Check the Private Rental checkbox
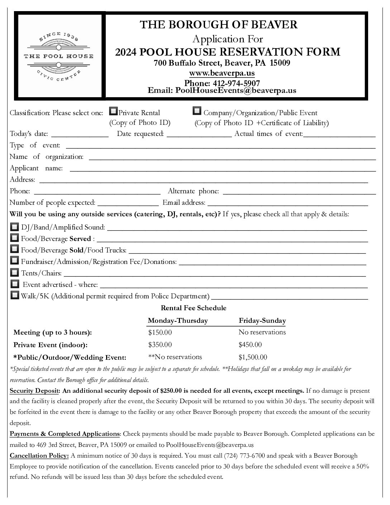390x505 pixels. tap(113, 111)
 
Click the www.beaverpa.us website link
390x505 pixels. tap(222, 73)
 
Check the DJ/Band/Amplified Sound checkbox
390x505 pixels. tap(14, 227)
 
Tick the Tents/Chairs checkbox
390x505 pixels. tap(14, 272)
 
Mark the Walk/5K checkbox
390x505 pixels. tap(14, 295)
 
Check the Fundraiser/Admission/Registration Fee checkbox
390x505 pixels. tap(14, 261)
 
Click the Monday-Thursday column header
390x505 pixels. tap(177, 321)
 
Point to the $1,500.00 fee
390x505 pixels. tap(253, 357)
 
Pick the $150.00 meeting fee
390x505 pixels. tap(160, 332)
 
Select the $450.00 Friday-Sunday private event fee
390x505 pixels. tap(250, 345)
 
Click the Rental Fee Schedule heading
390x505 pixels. tap(194, 308)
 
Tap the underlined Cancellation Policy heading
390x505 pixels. tap(39, 456)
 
